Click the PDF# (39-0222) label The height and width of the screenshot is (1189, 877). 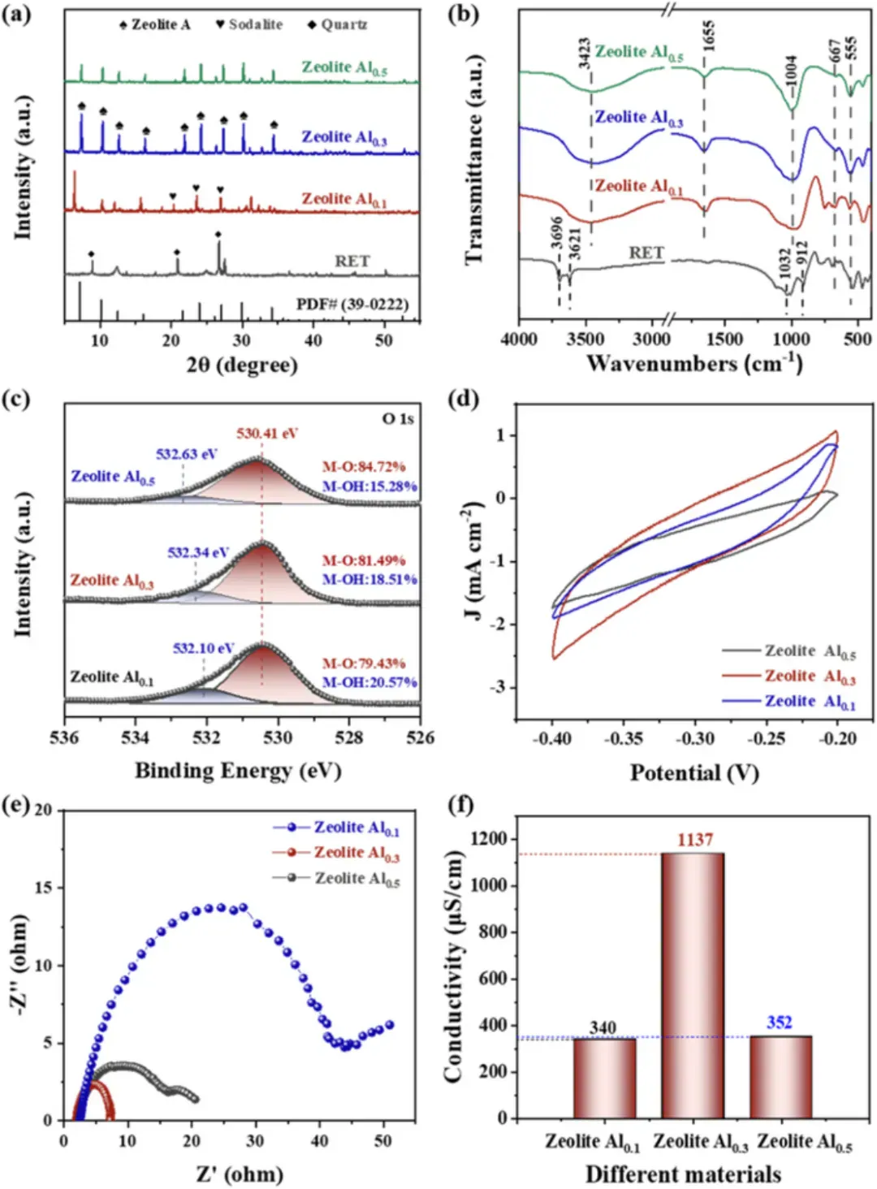pyautogui.click(x=352, y=304)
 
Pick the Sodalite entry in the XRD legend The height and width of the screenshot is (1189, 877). pyautogui.click(x=248, y=24)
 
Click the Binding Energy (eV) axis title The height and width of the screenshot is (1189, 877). pyautogui.click(x=237, y=771)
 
